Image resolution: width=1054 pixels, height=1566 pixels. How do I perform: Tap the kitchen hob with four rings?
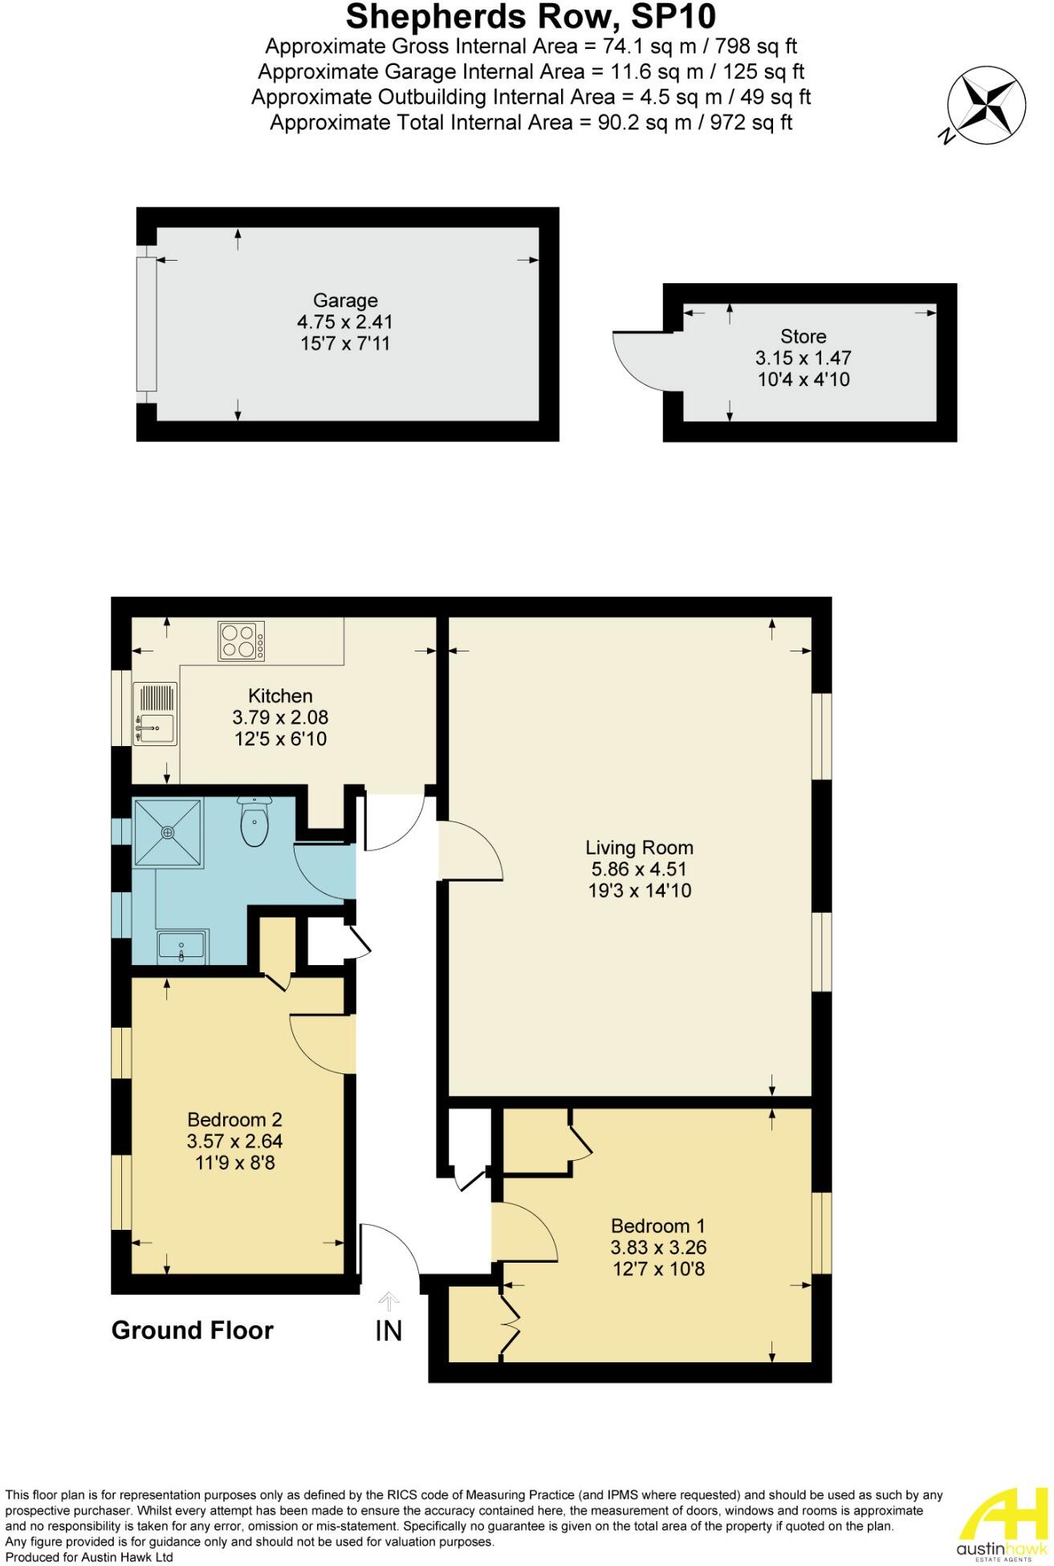click(241, 641)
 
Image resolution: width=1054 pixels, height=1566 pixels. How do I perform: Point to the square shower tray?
click(168, 833)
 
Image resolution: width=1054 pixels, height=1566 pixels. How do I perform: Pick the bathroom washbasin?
click(181, 947)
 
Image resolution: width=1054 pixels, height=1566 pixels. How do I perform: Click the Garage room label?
click(345, 300)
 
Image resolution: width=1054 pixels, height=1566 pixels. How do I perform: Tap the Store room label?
click(803, 336)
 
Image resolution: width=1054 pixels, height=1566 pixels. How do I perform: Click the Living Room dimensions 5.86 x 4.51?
click(639, 869)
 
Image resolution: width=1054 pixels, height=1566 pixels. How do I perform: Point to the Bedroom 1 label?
click(657, 1226)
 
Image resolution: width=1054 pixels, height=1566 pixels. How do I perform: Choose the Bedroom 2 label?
click(234, 1119)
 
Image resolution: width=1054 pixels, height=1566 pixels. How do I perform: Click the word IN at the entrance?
click(389, 1331)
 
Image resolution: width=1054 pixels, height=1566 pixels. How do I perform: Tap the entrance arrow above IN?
click(389, 1300)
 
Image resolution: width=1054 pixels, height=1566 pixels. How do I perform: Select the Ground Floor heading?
click(193, 1330)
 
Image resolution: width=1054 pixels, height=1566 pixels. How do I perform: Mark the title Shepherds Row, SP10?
click(531, 16)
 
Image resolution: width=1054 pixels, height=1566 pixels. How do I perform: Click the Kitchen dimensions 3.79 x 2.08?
click(280, 717)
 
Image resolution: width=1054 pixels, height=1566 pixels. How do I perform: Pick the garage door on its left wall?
click(145, 324)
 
